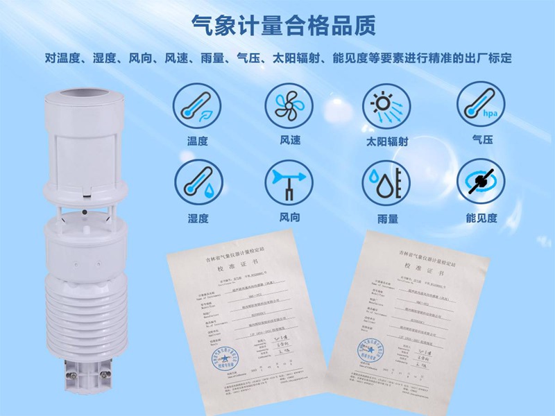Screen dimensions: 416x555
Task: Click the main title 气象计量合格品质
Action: click(x=284, y=26)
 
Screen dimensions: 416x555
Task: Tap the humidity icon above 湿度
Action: click(x=194, y=182)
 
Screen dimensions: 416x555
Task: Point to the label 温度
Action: click(x=197, y=141)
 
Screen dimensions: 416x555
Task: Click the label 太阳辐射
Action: click(x=386, y=141)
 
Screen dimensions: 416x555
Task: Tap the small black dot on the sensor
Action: click(x=84, y=210)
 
